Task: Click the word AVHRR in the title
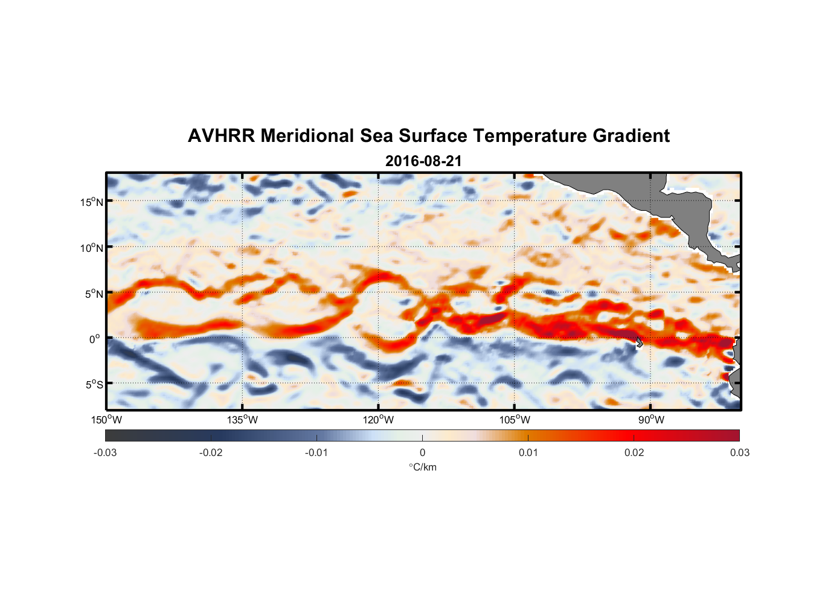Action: (x=221, y=136)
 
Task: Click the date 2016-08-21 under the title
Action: (x=423, y=161)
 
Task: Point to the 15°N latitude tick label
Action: (x=92, y=202)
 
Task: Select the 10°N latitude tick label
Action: (x=92, y=248)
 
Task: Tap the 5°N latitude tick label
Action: (x=94, y=294)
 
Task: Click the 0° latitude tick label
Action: (x=95, y=339)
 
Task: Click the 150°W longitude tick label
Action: (x=107, y=420)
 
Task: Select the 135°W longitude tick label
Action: (x=243, y=420)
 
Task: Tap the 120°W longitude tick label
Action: (x=379, y=420)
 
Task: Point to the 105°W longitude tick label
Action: (x=515, y=420)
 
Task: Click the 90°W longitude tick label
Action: (x=651, y=420)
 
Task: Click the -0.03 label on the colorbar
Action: (x=105, y=453)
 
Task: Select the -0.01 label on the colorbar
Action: (x=316, y=453)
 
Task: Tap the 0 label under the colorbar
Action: (x=422, y=453)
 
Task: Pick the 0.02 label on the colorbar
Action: (x=634, y=453)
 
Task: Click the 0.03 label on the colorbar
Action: (x=739, y=453)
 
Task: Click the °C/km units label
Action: (x=423, y=467)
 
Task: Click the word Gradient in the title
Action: (x=631, y=136)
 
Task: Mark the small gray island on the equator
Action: (x=639, y=342)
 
